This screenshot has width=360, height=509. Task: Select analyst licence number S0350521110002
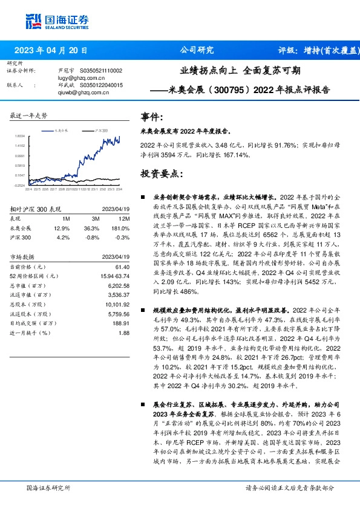point(97,71)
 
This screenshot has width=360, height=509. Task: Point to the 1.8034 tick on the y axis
point(21,137)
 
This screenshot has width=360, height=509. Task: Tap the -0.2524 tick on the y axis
point(21,185)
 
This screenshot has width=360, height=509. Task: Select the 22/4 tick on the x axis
point(28,189)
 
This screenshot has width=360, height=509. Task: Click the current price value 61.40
point(122,267)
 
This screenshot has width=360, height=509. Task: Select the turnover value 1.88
point(124,332)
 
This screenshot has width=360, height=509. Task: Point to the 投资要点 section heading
point(161,173)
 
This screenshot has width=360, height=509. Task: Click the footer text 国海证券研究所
point(48,487)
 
